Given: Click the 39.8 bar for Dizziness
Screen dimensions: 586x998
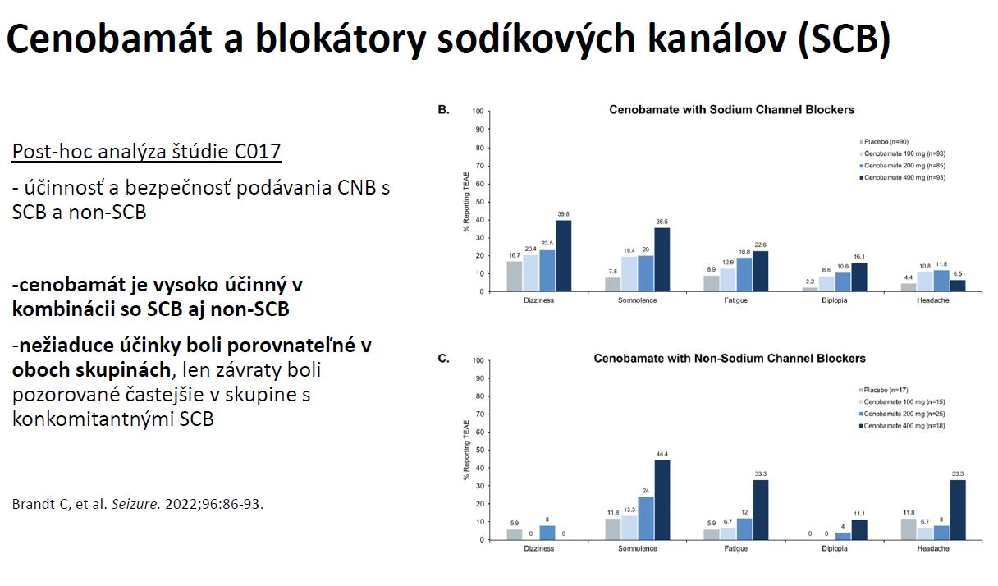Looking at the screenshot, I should coord(563,255).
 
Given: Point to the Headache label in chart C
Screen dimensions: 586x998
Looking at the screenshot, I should coord(933,548).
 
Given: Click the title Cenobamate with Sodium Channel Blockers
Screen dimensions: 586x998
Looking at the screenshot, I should coord(731,109).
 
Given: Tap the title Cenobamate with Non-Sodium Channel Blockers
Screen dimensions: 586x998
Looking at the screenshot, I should coord(730,359).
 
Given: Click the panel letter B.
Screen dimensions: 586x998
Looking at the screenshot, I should coord(443,109).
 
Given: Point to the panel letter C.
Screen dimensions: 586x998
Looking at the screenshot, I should coord(443,359).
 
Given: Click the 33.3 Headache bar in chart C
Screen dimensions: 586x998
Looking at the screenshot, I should coord(957,510).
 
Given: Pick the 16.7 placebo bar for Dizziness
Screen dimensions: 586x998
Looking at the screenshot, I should coord(514,277).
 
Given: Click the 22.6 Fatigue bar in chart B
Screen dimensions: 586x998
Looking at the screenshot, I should coord(760,271).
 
